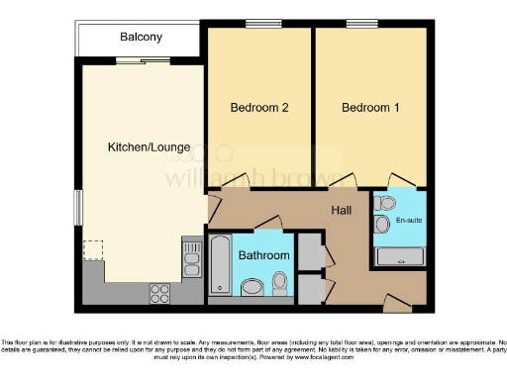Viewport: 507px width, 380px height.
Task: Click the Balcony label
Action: click(x=142, y=38)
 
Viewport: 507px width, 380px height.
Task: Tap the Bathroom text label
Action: click(x=264, y=255)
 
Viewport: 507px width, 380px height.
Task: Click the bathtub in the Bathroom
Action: click(x=220, y=266)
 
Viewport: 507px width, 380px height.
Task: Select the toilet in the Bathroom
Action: click(x=281, y=284)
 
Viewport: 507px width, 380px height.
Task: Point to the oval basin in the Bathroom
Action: click(x=254, y=288)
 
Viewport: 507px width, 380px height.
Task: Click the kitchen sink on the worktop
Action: click(x=189, y=260)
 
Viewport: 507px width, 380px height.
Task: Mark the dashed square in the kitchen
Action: click(x=93, y=249)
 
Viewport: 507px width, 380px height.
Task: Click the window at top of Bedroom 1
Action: click(x=362, y=24)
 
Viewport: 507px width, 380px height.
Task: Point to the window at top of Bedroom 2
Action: click(x=260, y=24)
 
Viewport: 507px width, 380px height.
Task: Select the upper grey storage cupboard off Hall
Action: click(x=310, y=250)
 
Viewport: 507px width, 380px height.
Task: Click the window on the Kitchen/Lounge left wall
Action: click(x=78, y=207)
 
